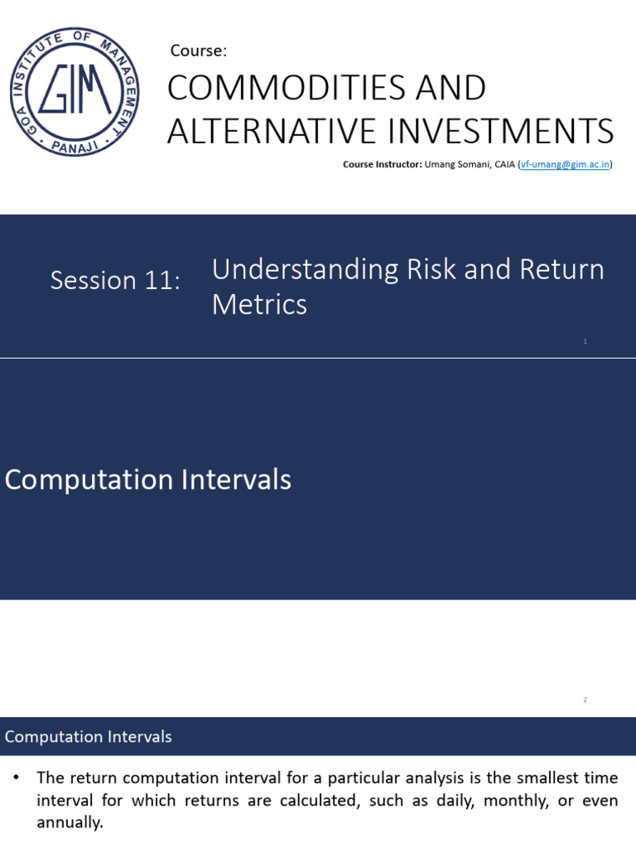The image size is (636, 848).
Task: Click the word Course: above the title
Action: coord(198,51)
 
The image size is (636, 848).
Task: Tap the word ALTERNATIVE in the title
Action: coord(270,131)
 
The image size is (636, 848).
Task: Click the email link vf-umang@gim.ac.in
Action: coord(566,164)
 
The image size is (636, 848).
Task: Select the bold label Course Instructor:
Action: coord(383,164)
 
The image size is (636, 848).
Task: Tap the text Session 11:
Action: coord(115,280)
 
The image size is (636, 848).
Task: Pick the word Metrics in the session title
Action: coord(259,305)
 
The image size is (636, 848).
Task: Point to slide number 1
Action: coord(585,341)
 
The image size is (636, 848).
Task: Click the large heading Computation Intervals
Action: coord(148,479)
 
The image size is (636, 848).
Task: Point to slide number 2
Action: coord(585,700)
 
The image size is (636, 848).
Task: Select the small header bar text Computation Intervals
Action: coord(89,736)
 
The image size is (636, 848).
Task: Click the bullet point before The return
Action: coord(17,778)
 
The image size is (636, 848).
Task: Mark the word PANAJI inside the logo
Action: coord(74,147)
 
